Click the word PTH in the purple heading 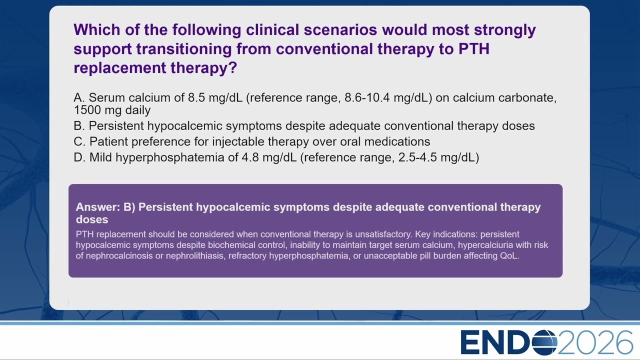[474, 48]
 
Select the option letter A [79, 97]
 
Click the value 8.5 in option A [196, 97]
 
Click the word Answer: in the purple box [98, 207]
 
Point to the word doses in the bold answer [92, 219]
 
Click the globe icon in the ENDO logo [544, 342]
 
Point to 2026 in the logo [595, 342]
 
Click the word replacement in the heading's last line [119, 68]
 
